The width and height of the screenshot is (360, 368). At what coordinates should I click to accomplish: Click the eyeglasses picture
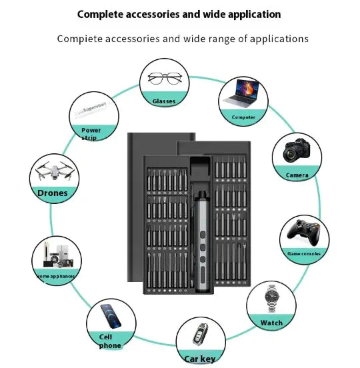[164, 79]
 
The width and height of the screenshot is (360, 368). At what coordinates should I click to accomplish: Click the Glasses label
[164, 101]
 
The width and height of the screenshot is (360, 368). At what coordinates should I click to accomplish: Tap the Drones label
[53, 193]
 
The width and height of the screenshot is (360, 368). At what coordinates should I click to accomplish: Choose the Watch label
[271, 323]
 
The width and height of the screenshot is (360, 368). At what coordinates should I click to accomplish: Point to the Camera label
[297, 175]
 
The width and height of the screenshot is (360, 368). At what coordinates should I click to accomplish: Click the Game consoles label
[304, 253]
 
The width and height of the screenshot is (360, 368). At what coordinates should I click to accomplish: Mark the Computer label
[243, 117]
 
